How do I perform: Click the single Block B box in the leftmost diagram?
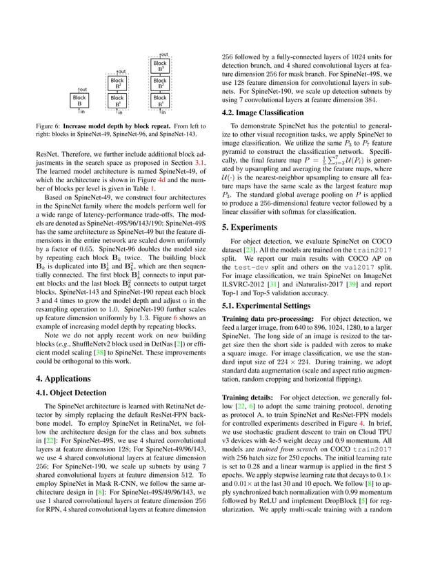coord(80,101)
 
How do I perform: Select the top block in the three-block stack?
coord(160,66)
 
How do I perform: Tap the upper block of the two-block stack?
coord(118,83)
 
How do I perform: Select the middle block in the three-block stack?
coord(160,83)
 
